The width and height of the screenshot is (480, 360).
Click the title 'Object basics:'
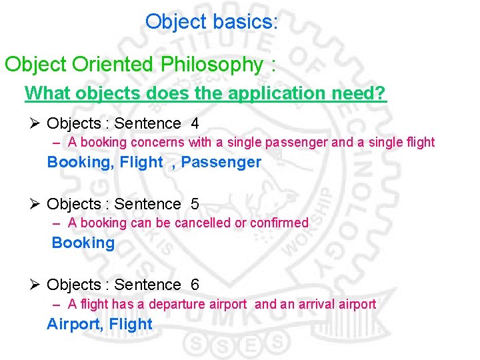(x=211, y=22)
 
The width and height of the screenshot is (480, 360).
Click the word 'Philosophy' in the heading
(x=211, y=65)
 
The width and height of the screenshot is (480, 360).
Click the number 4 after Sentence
(x=195, y=123)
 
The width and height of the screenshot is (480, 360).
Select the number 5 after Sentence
(x=195, y=204)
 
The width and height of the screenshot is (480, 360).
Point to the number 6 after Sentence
(x=195, y=285)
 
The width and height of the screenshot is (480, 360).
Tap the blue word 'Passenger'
(x=221, y=162)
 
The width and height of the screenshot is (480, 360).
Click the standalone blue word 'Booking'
(x=83, y=243)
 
